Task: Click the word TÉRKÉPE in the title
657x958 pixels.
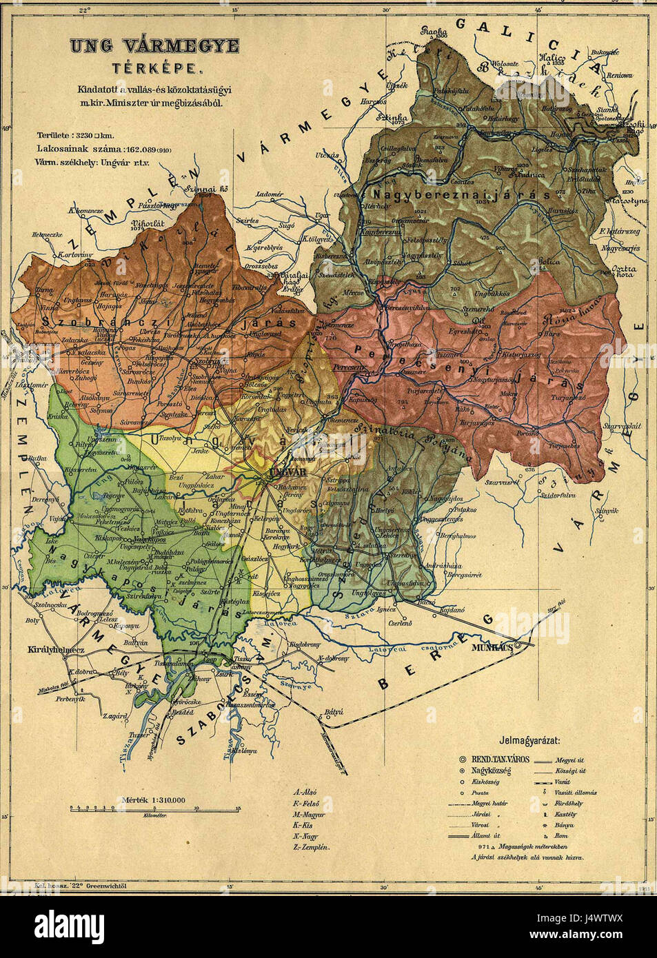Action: click(x=154, y=68)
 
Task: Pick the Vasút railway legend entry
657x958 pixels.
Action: click(x=562, y=782)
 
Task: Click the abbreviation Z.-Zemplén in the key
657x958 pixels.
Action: click(x=311, y=846)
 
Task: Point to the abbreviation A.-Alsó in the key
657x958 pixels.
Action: click(x=306, y=793)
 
